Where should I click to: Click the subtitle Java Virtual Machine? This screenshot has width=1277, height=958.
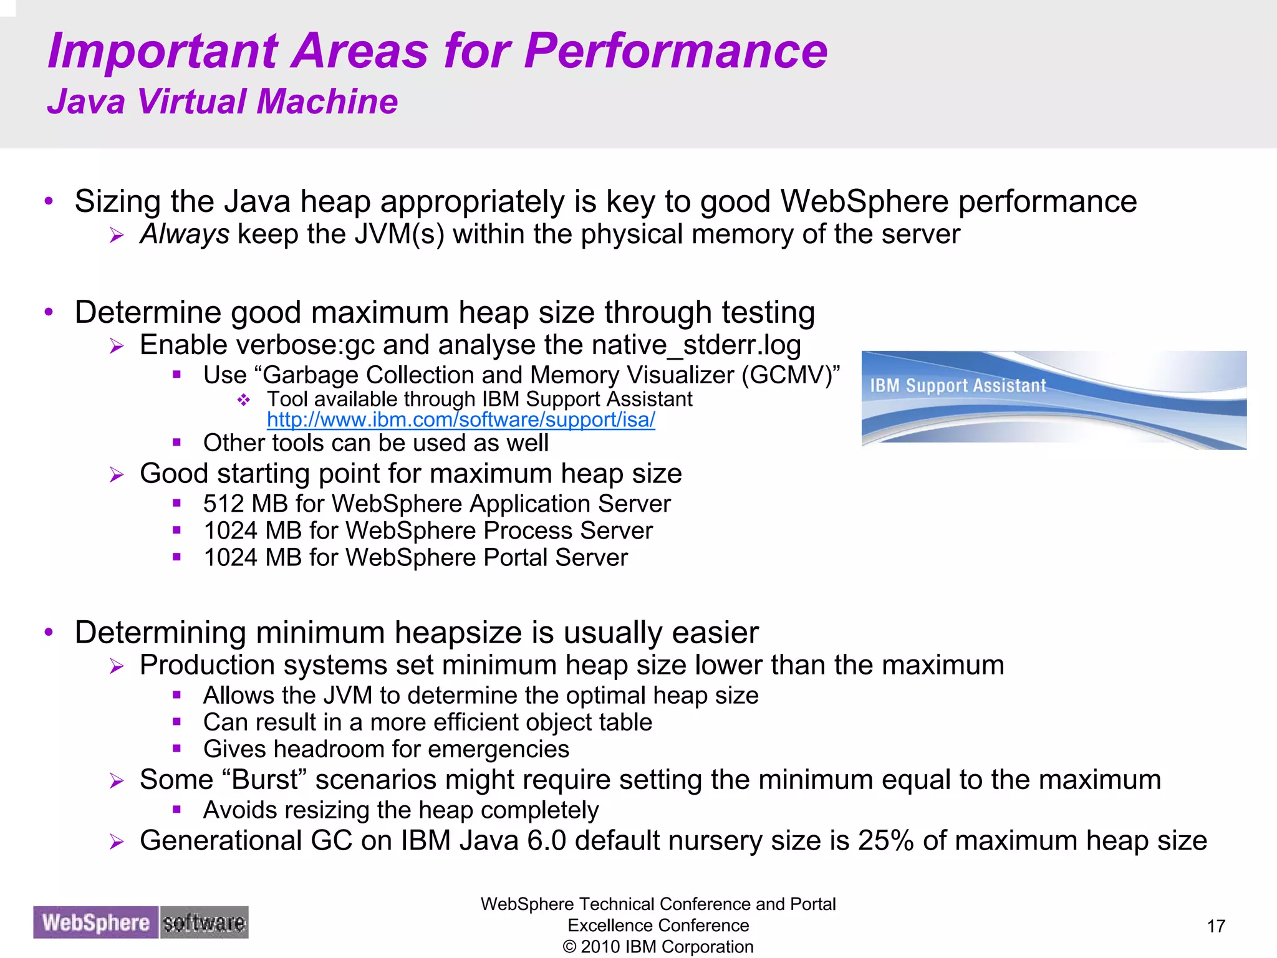223,102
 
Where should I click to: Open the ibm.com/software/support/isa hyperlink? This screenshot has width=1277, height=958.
461,420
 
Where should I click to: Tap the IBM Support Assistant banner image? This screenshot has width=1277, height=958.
1054,400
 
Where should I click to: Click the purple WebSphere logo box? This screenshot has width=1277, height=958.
95,922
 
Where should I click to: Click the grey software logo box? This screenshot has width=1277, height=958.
204,922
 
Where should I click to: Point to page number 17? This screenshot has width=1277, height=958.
1216,926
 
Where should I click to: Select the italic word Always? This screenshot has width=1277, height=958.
185,235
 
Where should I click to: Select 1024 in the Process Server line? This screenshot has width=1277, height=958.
230,531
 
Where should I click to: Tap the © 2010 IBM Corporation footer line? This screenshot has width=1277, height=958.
658,947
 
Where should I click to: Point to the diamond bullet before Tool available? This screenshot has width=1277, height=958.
244,400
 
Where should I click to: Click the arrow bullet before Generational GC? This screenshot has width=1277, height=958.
117,842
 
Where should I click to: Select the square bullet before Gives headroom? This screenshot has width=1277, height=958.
177,749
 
